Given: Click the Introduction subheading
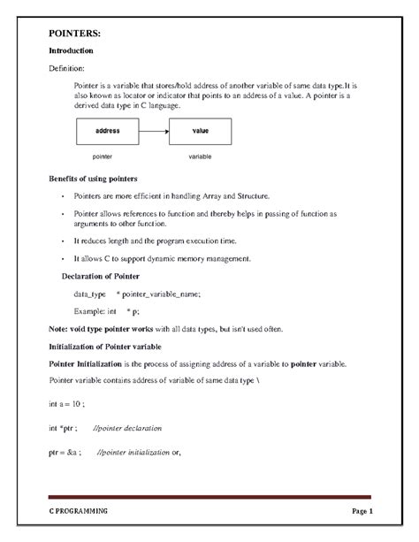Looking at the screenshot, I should pyautogui.click(x=71, y=51).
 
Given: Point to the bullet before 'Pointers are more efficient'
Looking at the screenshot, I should pyautogui.click(x=63, y=195).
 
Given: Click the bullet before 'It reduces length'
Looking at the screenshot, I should pyautogui.click(x=63, y=240).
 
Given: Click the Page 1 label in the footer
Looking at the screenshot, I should pyautogui.click(x=362, y=512).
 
